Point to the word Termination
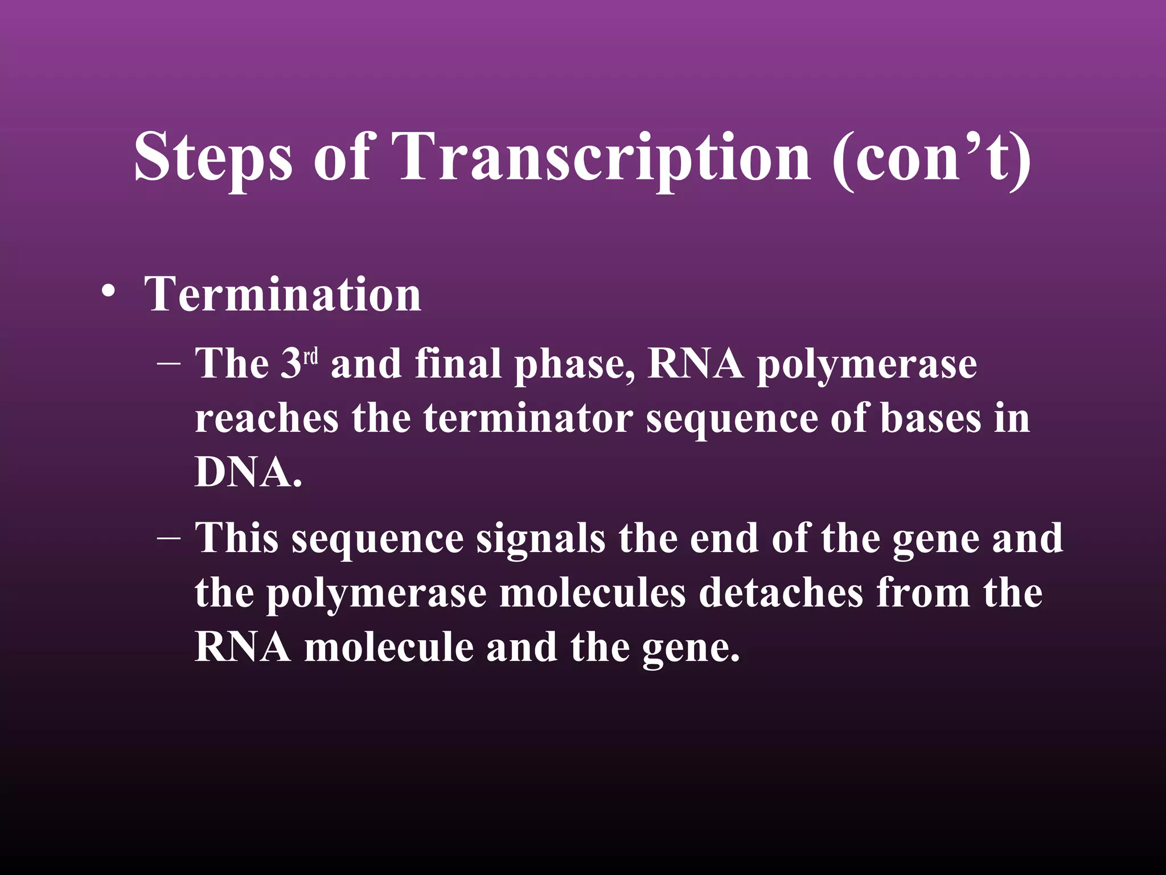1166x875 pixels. coord(282,295)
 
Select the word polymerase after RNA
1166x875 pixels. coord(867,366)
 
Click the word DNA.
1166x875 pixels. coord(248,473)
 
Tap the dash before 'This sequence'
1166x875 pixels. coord(169,538)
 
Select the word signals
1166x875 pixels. coord(540,539)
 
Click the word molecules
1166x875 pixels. coord(592,593)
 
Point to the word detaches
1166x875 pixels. coord(781,593)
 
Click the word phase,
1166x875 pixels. coord(574,366)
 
